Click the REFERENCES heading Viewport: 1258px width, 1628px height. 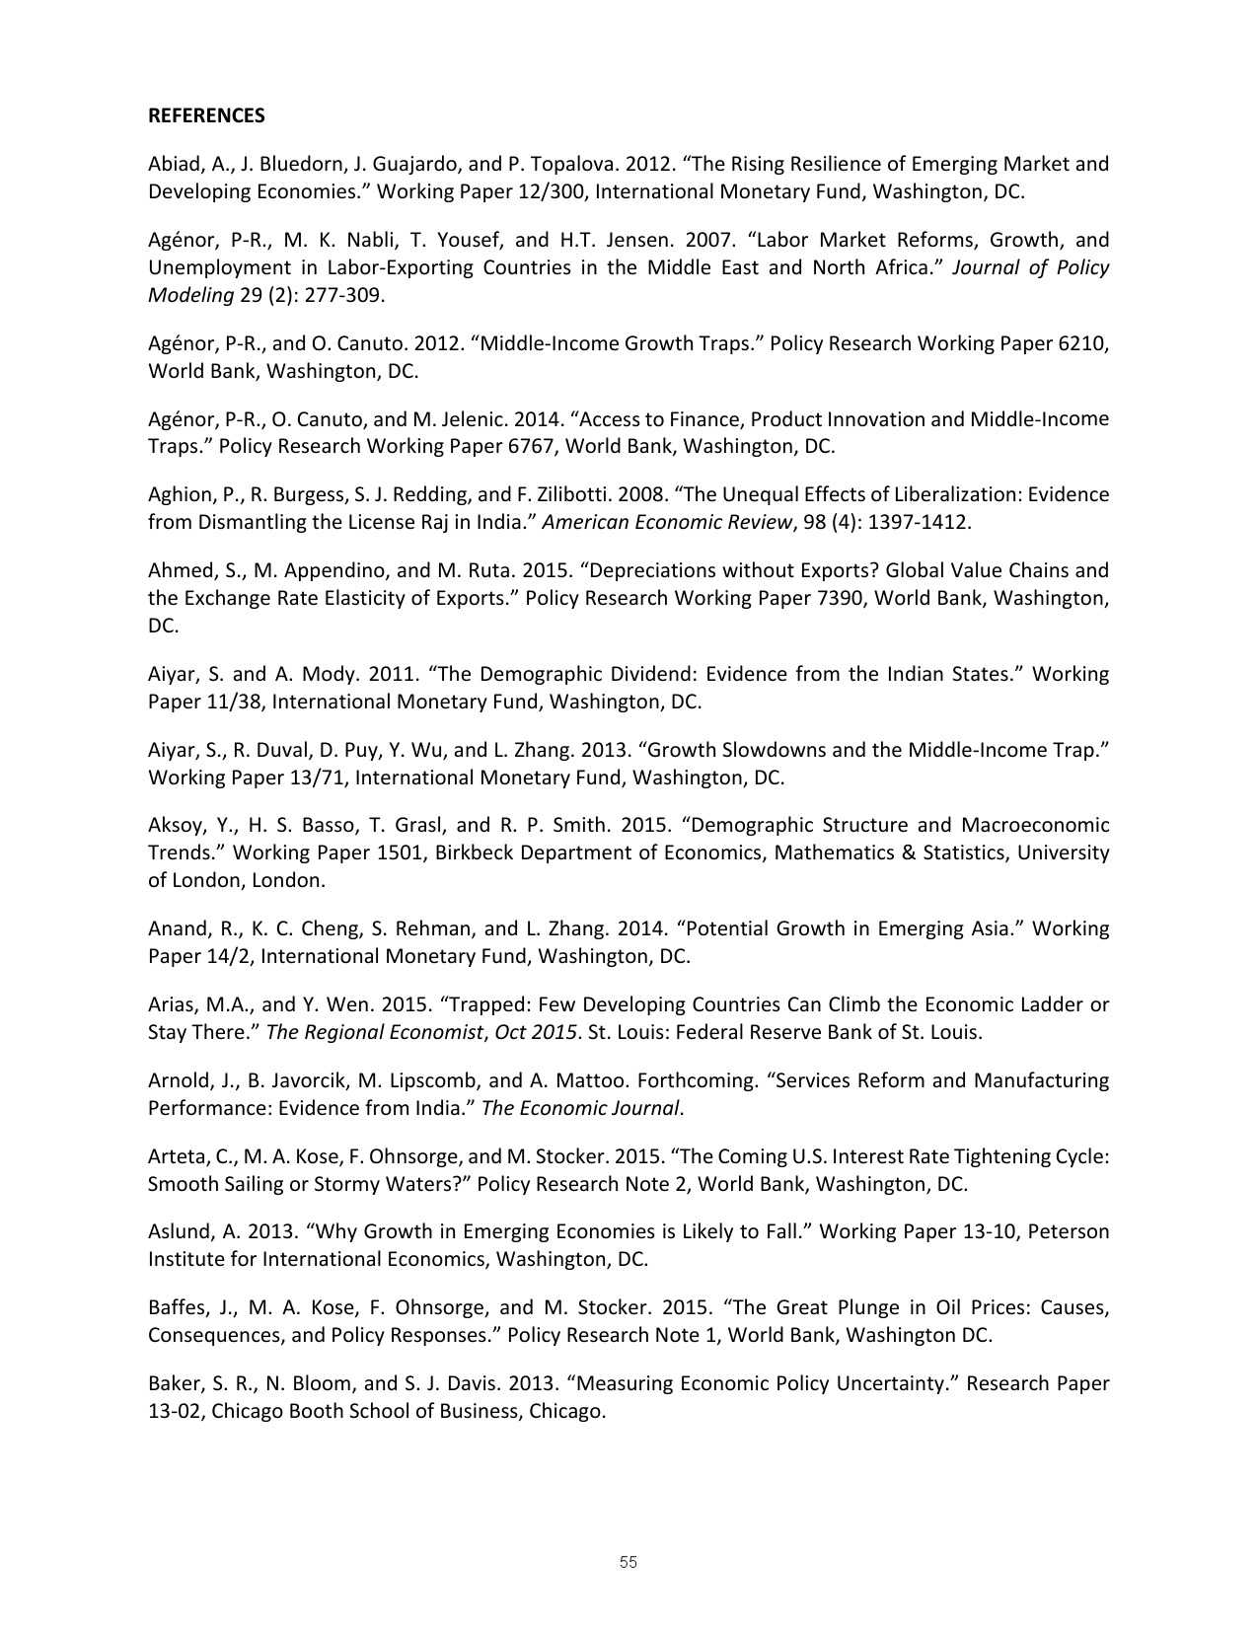[x=206, y=115]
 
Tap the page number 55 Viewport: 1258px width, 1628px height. [x=629, y=1562]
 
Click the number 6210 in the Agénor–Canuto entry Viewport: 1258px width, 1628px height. [x=1082, y=343]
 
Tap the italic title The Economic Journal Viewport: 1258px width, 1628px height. [x=581, y=1108]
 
